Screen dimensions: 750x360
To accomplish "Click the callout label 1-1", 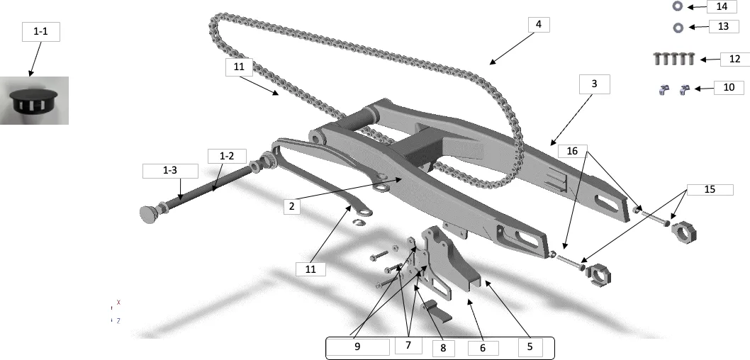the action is (x=40, y=32).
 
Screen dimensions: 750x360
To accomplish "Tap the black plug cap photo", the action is (x=34, y=101).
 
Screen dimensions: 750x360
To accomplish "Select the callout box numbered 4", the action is (x=539, y=24).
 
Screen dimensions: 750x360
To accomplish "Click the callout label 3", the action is (x=594, y=84).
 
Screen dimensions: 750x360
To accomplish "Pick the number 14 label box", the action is (x=722, y=6).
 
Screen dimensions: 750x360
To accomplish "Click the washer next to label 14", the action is (x=677, y=6).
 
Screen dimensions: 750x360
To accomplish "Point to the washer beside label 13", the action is (x=678, y=28).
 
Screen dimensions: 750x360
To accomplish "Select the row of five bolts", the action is (x=674, y=59).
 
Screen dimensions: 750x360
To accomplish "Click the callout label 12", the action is (x=734, y=59).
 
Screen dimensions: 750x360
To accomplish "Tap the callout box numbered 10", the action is (x=729, y=87).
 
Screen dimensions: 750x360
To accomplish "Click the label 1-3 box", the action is (x=170, y=171).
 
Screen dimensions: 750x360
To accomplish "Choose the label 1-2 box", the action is (x=227, y=156).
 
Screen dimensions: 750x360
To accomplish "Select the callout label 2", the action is (x=292, y=206).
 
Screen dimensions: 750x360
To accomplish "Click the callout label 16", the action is (x=572, y=151).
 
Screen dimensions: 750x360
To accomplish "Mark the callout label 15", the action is (x=710, y=189).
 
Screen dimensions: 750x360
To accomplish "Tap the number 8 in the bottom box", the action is (x=443, y=348).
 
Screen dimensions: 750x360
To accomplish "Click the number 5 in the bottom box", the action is (x=530, y=347).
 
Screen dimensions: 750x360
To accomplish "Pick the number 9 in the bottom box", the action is (x=357, y=347).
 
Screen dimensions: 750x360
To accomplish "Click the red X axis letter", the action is (x=118, y=302).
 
